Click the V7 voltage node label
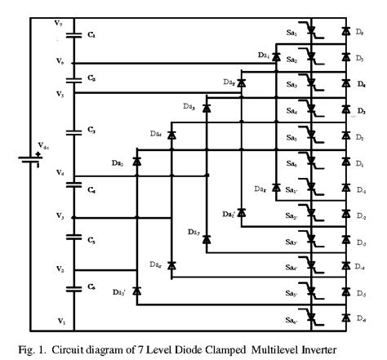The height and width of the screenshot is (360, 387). point(59,23)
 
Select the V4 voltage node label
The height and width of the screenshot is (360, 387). point(60,172)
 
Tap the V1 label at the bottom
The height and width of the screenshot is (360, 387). point(60,320)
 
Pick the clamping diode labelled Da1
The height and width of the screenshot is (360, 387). point(277,57)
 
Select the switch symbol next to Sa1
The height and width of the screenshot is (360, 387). point(312,32)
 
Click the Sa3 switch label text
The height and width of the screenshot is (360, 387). point(292,85)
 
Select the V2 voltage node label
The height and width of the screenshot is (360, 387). point(60,269)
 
